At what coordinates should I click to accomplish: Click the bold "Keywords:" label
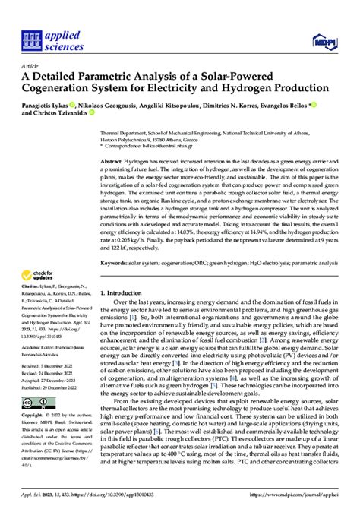tap(113, 263)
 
